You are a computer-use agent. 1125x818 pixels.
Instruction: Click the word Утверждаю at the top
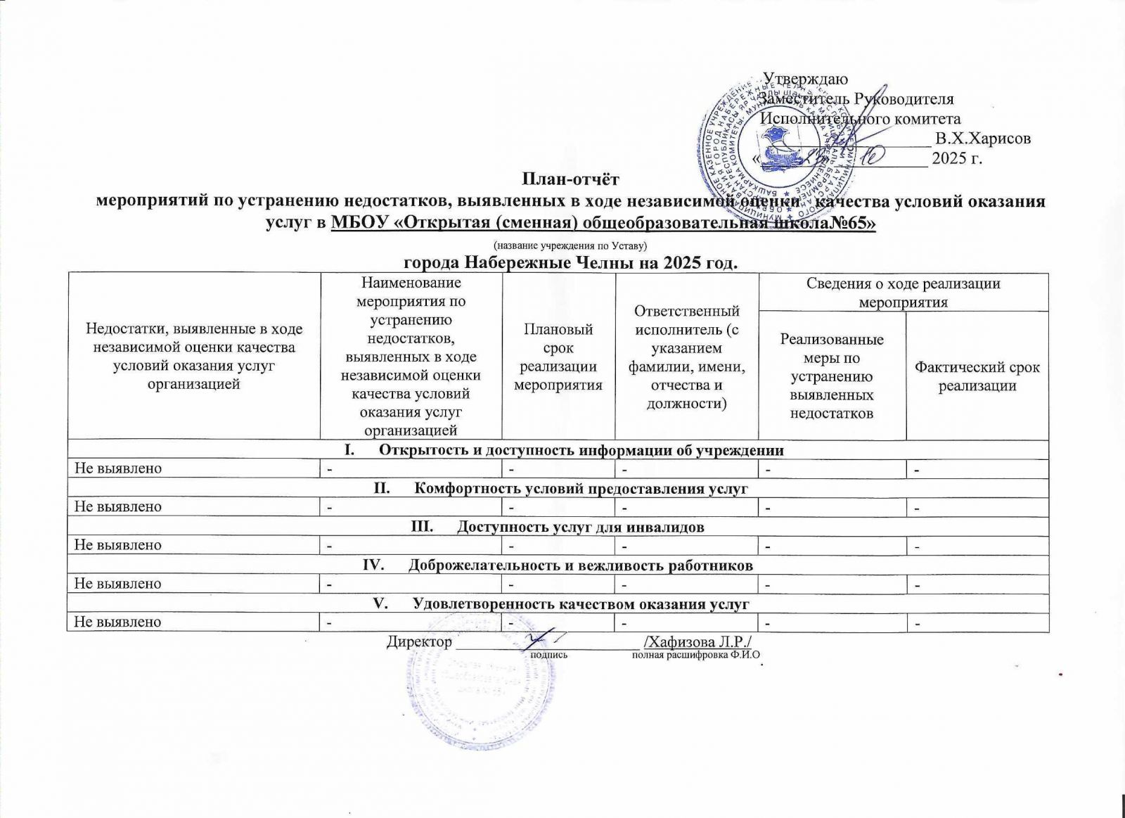pos(806,79)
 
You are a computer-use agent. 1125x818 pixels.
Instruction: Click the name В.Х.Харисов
pos(983,138)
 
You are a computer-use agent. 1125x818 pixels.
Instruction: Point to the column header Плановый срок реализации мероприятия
pos(558,357)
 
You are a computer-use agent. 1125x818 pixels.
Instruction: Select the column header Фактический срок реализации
pos(977,376)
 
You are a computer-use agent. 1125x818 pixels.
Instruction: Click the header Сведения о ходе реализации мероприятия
pos(903,293)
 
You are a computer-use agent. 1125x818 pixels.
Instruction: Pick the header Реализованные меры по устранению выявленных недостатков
pos(832,376)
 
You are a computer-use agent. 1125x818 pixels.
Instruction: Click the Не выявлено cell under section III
pos(118,545)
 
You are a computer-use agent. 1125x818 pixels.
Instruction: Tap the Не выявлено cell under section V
pos(118,622)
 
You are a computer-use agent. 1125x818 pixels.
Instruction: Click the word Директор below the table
pos(419,641)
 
